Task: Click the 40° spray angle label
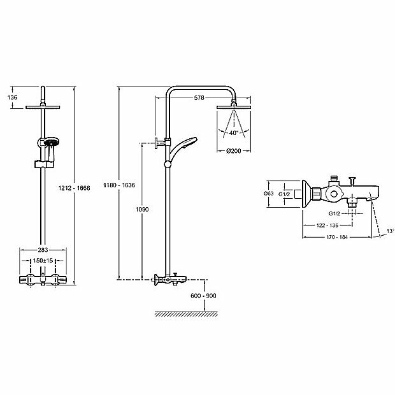point(234,133)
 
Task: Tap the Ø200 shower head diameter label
point(234,151)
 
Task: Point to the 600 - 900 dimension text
point(203,295)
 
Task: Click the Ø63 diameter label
point(268,194)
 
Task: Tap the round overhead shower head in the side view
point(234,106)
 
